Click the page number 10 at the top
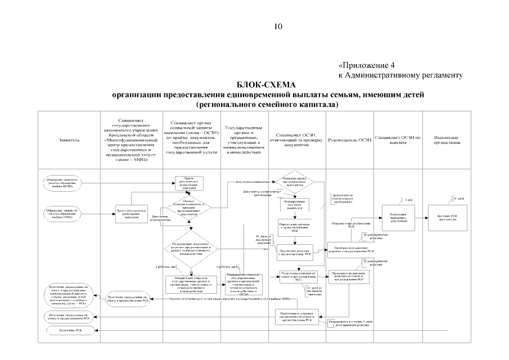click(278, 26)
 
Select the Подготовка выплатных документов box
click(398, 216)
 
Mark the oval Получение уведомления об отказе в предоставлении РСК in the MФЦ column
click(128, 299)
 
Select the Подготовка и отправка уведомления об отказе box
click(296, 315)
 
